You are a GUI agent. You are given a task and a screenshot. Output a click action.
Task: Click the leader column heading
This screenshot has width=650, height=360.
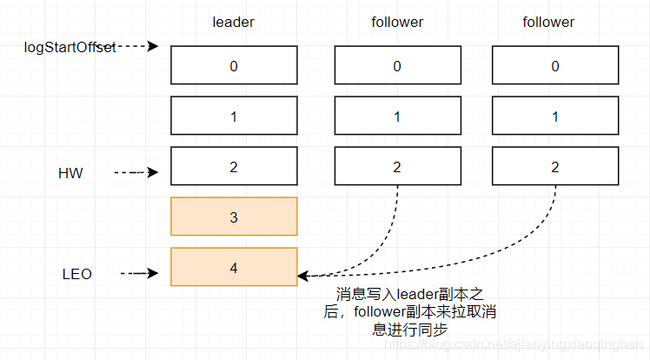click(233, 23)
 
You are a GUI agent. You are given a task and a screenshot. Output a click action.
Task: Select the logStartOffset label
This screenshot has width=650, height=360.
click(70, 46)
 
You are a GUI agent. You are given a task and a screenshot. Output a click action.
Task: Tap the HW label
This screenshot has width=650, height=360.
click(70, 173)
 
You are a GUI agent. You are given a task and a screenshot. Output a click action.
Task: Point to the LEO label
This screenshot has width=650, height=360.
click(76, 274)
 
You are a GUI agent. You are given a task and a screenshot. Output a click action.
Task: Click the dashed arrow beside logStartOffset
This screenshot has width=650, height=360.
click(137, 46)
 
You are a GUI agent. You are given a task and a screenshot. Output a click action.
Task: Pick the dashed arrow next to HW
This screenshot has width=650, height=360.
click(136, 173)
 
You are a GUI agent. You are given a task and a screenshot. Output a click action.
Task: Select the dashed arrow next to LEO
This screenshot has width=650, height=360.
click(139, 274)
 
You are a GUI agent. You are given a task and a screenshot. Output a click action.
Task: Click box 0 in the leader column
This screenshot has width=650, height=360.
click(234, 65)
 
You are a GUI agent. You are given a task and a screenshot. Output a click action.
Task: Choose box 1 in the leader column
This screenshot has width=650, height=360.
click(234, 116)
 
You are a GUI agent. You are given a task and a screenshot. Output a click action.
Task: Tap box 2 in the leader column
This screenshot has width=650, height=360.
click(234, 166)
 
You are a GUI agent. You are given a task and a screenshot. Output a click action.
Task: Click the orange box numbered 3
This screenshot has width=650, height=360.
click(234, 217)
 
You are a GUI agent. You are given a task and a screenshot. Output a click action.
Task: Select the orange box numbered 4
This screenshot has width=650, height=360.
click(234, 267)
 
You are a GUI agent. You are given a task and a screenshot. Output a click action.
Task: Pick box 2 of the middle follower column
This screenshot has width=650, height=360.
click(397, 166)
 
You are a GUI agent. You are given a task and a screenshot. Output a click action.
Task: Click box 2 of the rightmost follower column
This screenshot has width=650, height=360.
click(555, 166)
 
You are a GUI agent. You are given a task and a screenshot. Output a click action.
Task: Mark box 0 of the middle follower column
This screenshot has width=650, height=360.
click(397, 65)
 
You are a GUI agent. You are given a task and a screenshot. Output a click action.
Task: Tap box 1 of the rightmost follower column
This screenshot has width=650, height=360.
click(555, 116)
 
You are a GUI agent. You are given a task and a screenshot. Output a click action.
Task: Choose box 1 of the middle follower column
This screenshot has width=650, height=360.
click(397, 116)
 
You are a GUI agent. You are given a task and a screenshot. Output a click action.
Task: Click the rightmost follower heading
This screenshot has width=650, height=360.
click(548, 23)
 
